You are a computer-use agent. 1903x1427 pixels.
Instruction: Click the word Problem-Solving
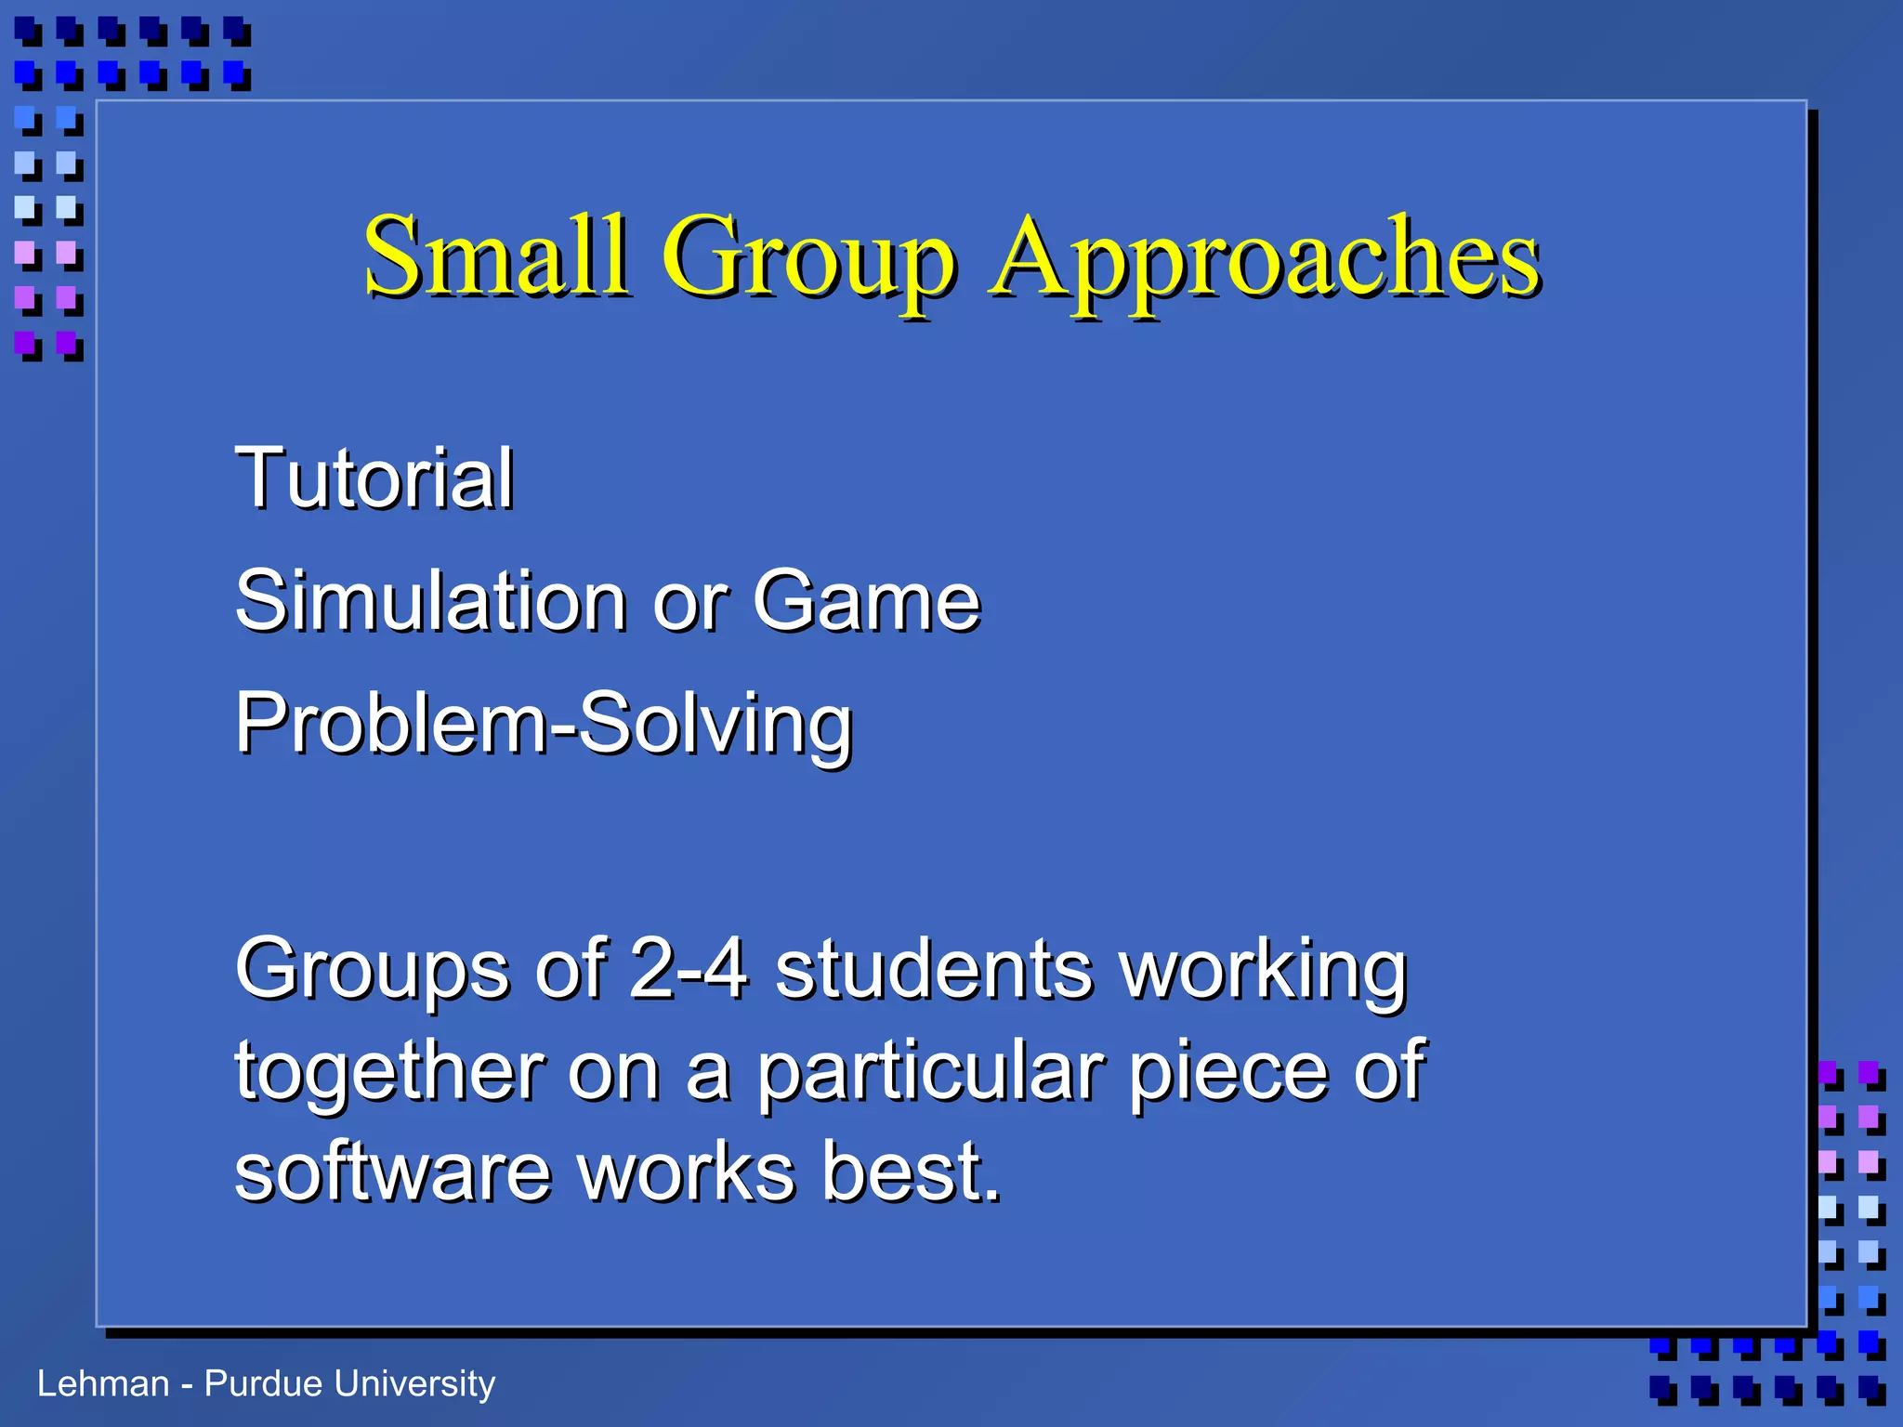(x=544, y=725)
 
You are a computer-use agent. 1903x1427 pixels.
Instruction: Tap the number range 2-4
(x=688, y=968)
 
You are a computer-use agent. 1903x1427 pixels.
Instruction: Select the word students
(x=934, y=968)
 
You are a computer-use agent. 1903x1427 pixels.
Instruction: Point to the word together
(x=390, y=1072)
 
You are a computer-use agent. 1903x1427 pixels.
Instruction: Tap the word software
(x=393, y=1172)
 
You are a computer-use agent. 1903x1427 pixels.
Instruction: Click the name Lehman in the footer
(x=103, y=1384)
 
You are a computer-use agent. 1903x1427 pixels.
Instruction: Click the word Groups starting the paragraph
(x=372, y=970)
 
